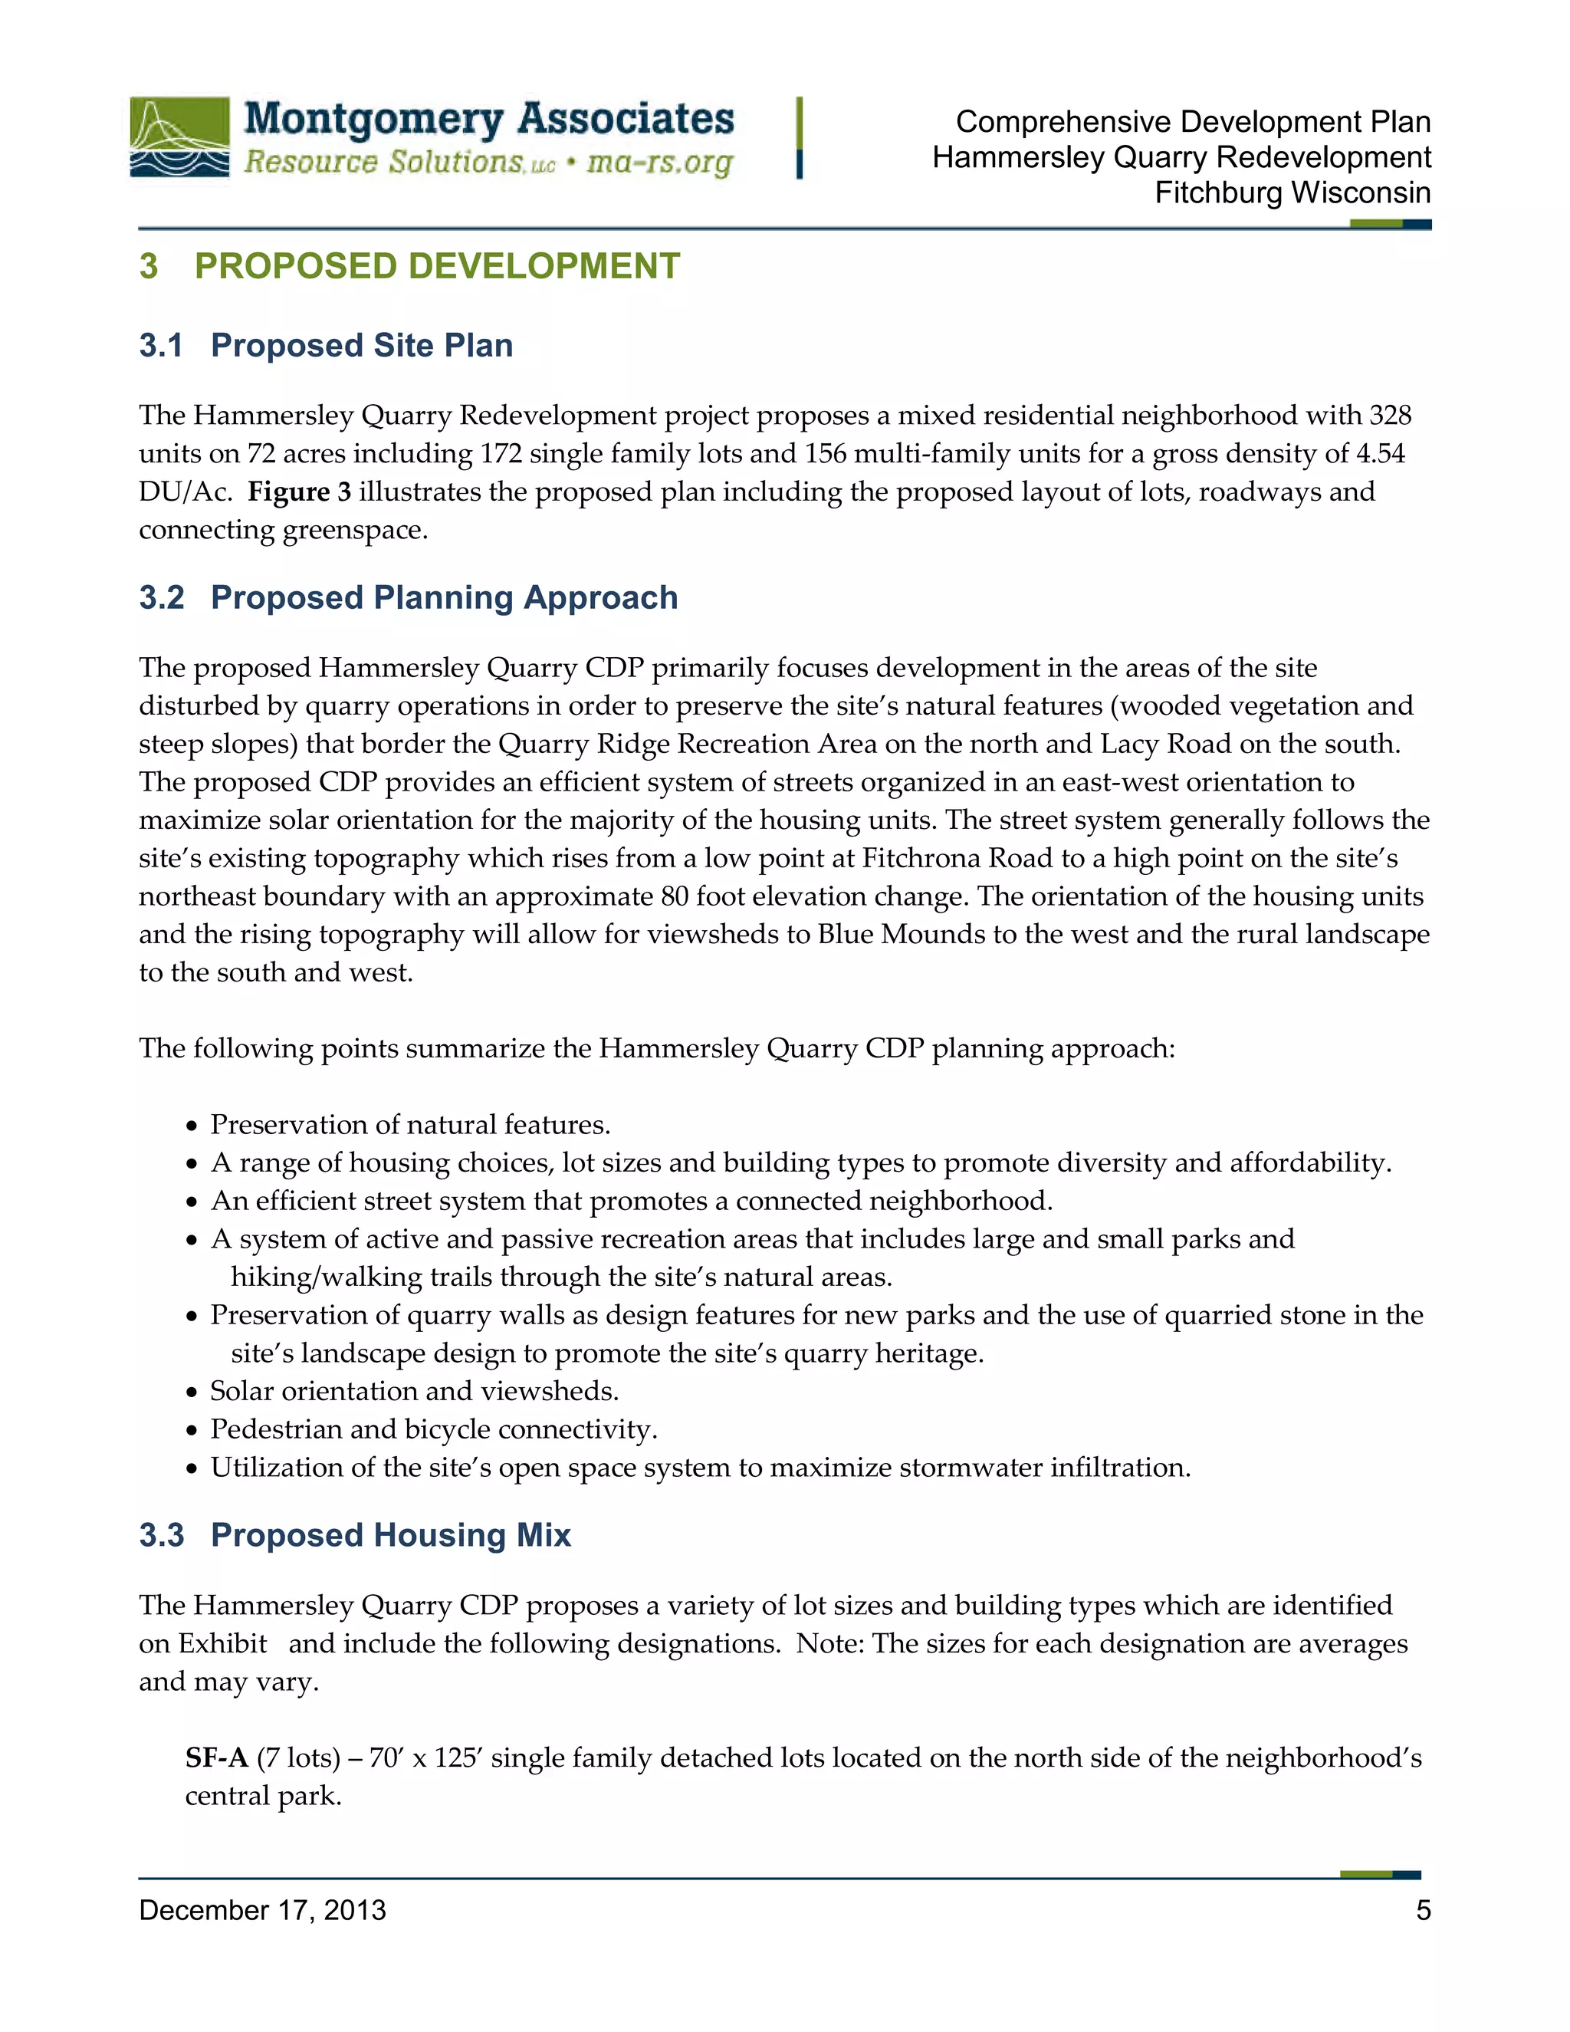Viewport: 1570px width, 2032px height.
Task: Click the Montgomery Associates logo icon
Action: [179, 138]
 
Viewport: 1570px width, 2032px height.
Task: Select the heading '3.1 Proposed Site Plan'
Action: [326, 345]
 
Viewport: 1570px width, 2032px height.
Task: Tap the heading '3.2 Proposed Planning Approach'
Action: [409, 597]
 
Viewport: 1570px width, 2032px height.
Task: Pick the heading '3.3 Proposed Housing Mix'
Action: [354, 1534]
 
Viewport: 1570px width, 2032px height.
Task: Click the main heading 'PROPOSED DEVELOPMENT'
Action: [437, 266]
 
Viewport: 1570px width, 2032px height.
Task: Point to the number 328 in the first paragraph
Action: [1390, 415]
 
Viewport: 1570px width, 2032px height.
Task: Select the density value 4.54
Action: [1379, 453]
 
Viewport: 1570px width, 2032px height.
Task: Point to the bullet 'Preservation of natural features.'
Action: [410, 1125]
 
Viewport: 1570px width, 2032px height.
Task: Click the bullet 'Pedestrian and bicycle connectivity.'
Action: [433, 1429]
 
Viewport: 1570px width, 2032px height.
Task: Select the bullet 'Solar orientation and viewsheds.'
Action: [414, 1390]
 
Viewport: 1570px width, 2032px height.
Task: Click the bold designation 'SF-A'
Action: [215, 1757]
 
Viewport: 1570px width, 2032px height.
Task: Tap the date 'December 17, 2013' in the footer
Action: [262, 1910]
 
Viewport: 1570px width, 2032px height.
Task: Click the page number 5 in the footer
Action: [1423, 1910]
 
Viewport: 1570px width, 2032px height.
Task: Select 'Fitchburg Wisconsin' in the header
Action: [1292, 192]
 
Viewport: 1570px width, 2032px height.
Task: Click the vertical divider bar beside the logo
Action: [799, 138]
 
